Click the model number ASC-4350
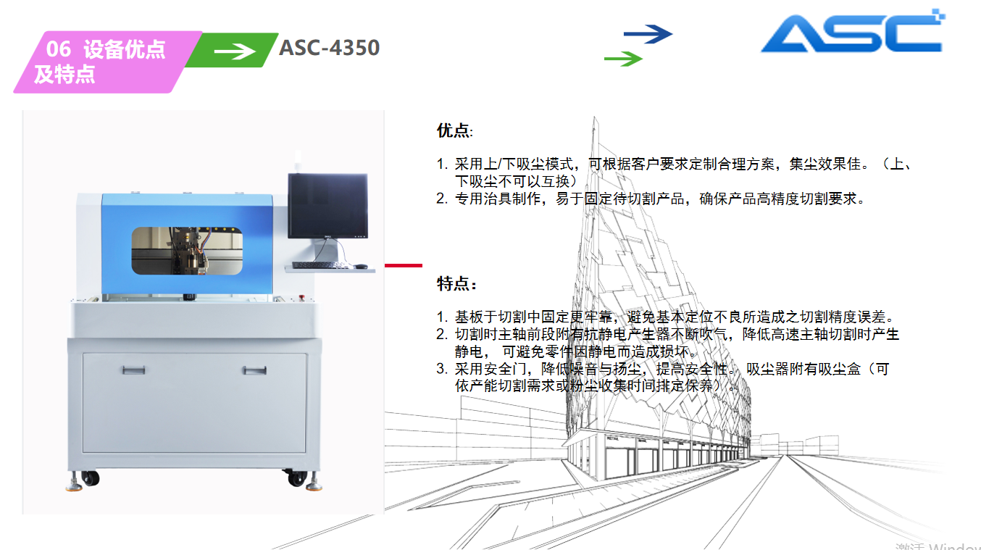point(330,48)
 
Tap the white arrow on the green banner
point(235,51)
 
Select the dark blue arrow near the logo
point(648,34)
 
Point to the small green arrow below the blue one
point(623,59)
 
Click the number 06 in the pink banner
point(58,49)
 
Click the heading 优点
point(454,130)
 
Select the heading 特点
point(456,284)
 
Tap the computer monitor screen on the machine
point(327,205)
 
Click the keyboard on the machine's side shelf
point(320,265)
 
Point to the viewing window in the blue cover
point(187,251)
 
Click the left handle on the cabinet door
point(133,370)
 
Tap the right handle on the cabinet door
point(255,371)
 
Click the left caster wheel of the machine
point(91,478)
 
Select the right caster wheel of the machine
point(296,478)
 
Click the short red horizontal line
point(404,265)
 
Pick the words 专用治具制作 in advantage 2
point(498,199)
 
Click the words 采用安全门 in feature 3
point(491,369)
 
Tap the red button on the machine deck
point(301,298)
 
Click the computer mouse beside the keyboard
point(361,266)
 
